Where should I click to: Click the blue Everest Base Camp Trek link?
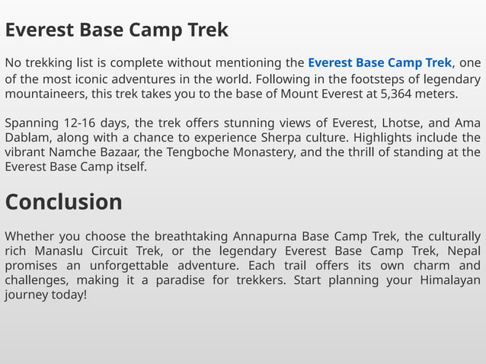379,62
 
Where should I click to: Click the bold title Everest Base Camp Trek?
117,30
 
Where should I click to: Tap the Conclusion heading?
63,202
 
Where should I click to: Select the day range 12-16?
80,123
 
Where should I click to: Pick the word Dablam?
27,138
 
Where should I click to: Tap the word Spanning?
30,123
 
